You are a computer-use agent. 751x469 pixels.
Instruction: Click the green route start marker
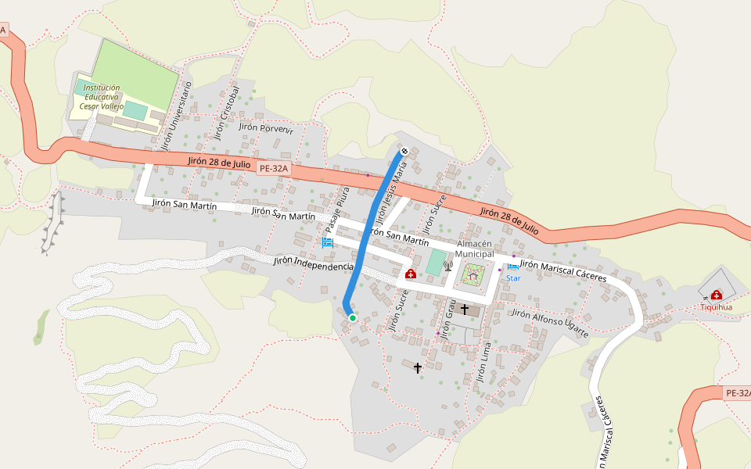click(353, 317)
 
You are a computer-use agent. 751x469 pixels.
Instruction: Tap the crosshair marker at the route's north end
click(404, 151)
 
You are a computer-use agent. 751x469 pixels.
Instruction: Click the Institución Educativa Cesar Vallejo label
click(102, 96)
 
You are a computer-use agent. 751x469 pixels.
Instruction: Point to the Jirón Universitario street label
click(176, 117)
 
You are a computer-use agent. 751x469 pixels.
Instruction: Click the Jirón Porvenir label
click(266, 127)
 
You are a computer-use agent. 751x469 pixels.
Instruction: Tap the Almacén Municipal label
click(475, 249)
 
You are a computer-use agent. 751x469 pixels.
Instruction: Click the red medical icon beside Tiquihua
click(717, 295)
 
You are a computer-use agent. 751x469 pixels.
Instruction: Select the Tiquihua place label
click(716, 307)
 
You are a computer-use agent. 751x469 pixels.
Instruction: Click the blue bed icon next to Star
click(513, 267)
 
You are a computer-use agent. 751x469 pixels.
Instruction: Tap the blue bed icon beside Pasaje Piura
click(327, 243)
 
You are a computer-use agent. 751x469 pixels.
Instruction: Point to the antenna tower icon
click(448, 265)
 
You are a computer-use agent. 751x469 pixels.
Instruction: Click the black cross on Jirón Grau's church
click(465, 310)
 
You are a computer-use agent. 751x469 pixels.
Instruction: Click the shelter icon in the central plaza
click(473, 274)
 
